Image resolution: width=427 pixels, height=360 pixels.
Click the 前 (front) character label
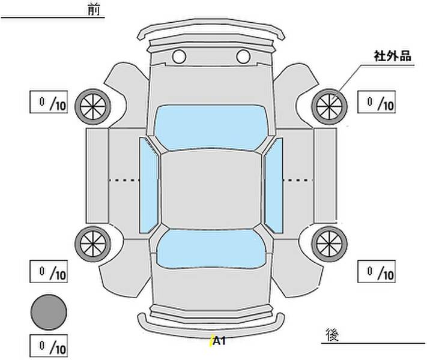tap(94, 10)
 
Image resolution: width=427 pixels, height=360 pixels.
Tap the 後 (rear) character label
tap(332, 335)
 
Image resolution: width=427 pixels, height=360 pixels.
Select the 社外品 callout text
tap(392, 56)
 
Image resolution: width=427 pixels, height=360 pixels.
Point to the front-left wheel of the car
tap(93, 107)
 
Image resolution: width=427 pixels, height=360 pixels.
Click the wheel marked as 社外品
tap(329, 107)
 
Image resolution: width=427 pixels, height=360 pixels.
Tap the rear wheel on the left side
tap(93, 244)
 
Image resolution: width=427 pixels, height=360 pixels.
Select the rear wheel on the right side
tap(329, 244)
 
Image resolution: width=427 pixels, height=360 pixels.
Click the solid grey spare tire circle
tap(49, 313)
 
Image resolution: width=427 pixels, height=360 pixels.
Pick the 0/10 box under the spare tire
tap(49, 346)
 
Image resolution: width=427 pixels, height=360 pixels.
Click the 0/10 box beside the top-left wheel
tap(49, 102)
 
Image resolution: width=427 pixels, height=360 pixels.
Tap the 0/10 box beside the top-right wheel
tap(377, 102)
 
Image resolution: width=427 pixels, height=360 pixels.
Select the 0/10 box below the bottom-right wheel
tap(377, 272)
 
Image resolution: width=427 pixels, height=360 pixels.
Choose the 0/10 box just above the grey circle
tap(49, 272)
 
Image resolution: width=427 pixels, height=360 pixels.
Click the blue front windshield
tap(211, 127)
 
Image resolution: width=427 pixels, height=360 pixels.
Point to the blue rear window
tap(211, 249)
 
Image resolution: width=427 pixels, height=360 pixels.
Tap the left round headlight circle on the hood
tap(179, 56)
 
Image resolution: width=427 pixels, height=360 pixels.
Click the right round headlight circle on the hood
tap(243, 56)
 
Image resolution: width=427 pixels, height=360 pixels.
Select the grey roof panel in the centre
tap(211, 190)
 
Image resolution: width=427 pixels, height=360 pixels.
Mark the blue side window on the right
tap(274, 185)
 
